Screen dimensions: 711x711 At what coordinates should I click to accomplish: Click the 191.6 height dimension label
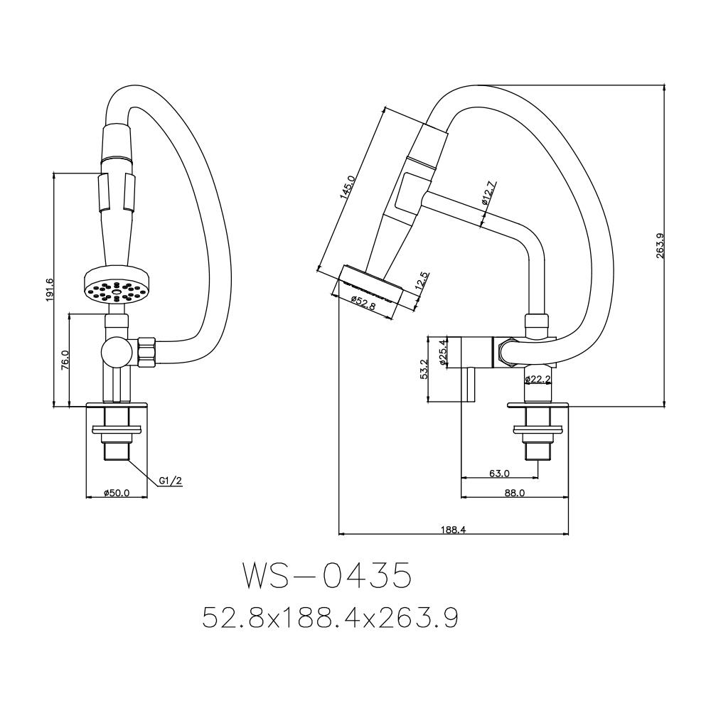coord(48,290)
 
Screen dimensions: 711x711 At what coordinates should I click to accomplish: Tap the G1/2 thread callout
coord(171,481)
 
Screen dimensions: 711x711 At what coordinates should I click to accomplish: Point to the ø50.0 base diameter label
coord(116,493)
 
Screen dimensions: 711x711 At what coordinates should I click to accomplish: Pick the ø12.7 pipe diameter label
coord(488,193)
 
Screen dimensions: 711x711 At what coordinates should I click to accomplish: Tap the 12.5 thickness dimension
coord(422,282)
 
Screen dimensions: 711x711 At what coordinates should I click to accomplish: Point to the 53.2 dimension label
coord(424,369)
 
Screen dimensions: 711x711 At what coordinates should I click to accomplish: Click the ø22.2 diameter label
coord(538,380)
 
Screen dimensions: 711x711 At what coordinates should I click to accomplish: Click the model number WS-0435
coord(326,577)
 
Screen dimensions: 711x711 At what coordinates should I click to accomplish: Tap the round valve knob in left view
coord(114,351)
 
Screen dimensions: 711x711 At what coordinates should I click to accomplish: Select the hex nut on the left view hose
coord(146,352)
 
